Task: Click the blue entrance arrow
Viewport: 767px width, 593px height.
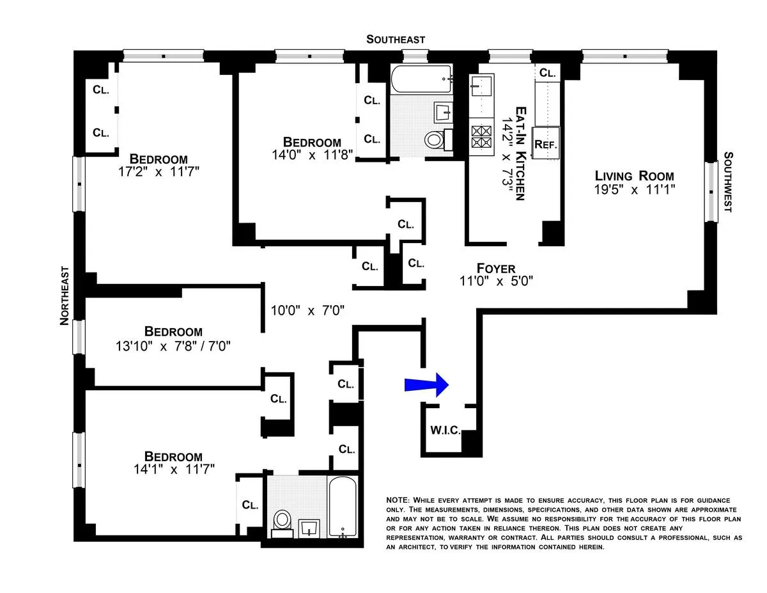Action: point(428,384)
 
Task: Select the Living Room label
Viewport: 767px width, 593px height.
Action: point(634,176)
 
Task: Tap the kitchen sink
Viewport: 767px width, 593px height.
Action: point(480,84)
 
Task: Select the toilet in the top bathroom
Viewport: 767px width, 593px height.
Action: point(435,138)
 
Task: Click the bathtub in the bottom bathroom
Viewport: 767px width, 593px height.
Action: point(345,507)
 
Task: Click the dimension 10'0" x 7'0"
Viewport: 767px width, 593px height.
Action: point(307,311)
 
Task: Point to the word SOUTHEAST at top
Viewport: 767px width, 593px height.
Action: point(396,40)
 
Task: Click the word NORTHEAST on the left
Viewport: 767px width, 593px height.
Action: point(65,296)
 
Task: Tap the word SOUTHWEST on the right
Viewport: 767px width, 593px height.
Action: point(728,182)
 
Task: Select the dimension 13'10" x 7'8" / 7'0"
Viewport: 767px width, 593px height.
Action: point(173,346)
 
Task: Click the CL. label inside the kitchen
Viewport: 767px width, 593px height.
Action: point(546,73)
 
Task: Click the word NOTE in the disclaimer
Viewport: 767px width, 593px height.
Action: point(398,500)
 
